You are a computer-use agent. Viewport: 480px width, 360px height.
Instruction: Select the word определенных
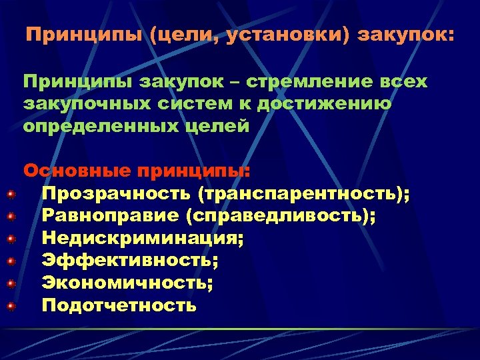(x=100, y=126)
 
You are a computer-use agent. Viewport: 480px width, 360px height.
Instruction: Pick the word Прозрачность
(x=116, y=193)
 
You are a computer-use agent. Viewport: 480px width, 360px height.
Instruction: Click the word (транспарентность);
(x=304, y=193)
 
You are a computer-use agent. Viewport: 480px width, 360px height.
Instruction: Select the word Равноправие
(x=111, y=216)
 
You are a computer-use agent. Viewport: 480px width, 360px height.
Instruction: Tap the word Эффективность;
(x=130, y=261)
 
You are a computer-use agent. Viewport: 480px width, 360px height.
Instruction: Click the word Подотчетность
(x=119, y=305)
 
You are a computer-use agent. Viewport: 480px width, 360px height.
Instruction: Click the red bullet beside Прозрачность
(x=11, y=194)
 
